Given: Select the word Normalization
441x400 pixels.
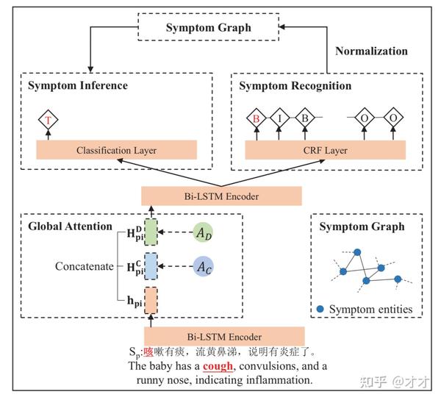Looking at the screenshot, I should click(371, 51).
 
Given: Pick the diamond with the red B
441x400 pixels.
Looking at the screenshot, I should click(257, 117).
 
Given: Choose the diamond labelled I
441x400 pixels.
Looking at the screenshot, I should click(280, 117).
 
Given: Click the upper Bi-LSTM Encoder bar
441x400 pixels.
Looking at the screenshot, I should click(222, 196).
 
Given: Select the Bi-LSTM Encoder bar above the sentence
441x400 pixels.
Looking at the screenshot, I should click(222, 337).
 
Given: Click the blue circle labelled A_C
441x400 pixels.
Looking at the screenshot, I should click(207, 267).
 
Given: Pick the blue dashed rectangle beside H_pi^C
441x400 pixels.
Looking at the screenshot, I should click(151, 266).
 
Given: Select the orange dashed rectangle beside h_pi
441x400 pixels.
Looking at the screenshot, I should click(151, 299).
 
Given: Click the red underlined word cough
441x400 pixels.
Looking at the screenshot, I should click(218, 365).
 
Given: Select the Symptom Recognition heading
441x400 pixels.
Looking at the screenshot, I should click(295, 86).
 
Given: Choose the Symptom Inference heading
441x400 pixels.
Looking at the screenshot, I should click(78, 86).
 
